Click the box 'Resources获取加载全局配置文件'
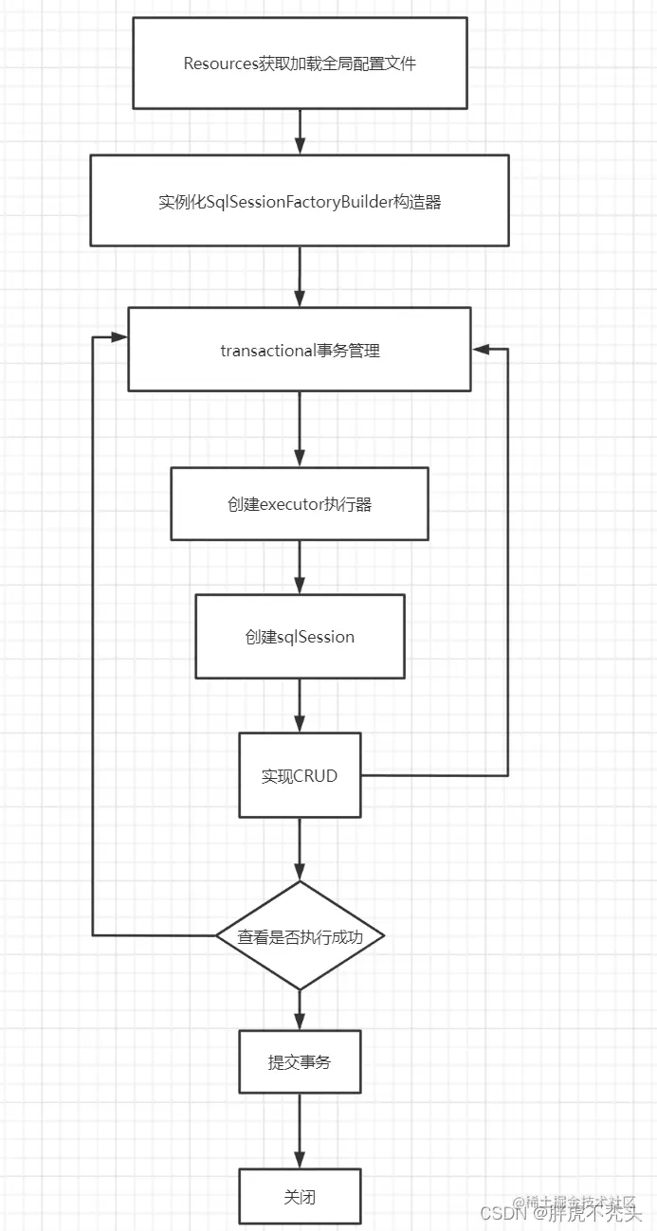click(x=300, y=63)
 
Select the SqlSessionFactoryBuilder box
click(x=300, y=201)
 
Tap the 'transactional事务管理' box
click(x=300, y=350)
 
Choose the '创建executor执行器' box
click(x=300, y=504)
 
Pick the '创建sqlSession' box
click(x=300, y=637)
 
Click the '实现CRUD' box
click(x=300, y=775)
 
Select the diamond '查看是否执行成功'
click(x=300, y=936)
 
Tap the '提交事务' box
click(x=300, y=1062)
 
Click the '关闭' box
click(x=300, y=1197)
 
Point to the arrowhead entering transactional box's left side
click(x=119, y=337)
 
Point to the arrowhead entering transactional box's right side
click(x=481, y=349)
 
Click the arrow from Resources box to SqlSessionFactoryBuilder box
click(x=300, y=132)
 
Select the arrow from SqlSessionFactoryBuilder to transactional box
click(x=300, y=277)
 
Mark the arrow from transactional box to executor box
click(x=300, y=428)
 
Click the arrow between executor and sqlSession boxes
click(x=300, y=567)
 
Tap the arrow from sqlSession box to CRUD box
click(x=300, y=705)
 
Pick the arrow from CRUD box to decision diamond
click(x=300, y=849)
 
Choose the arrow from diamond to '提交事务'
click(x=300, y=1010)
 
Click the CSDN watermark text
click(x=503, y=1213)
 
